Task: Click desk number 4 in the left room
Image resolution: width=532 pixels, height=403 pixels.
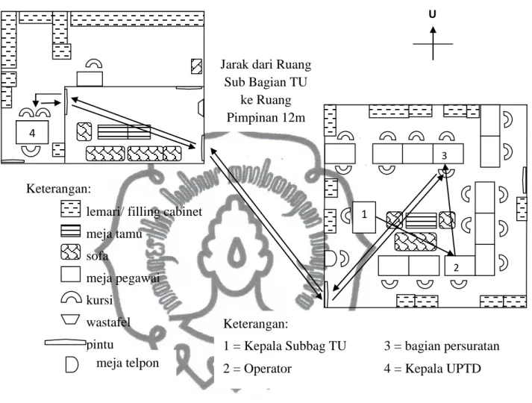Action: click(x=32, y=132)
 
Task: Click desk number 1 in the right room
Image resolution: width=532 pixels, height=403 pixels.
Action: click(x=364, y=217)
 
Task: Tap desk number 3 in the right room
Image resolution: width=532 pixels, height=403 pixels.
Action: click(x=448, y=154)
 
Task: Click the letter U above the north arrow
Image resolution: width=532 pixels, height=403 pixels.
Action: click(x=432, y=14)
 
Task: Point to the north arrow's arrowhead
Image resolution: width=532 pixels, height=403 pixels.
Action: click(x=433, y=30)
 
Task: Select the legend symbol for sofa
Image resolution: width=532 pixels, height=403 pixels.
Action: click(x=71, y=252)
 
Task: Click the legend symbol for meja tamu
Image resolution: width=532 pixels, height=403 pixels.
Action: click(x=71, y=231)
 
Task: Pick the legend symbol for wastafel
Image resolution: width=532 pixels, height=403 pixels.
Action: click(x=70, y=319)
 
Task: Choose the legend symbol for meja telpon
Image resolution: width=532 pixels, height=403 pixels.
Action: click(x=72, y=365)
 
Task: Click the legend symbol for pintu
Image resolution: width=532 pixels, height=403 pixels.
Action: click(x=66, y=343)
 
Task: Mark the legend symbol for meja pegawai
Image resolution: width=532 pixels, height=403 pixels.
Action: click(x=71, y=275)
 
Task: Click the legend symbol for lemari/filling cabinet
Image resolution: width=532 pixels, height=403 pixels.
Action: click(x=71, y=209)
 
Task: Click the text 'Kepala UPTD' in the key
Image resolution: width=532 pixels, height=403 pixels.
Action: click(x=443, y=369)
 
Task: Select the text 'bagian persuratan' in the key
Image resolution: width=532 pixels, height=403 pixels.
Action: click(x=452, y=346)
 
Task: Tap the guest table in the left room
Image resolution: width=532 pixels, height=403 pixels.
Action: click(x=124, y=132)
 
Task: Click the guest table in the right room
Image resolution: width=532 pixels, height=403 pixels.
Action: click(x=421, y=221)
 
